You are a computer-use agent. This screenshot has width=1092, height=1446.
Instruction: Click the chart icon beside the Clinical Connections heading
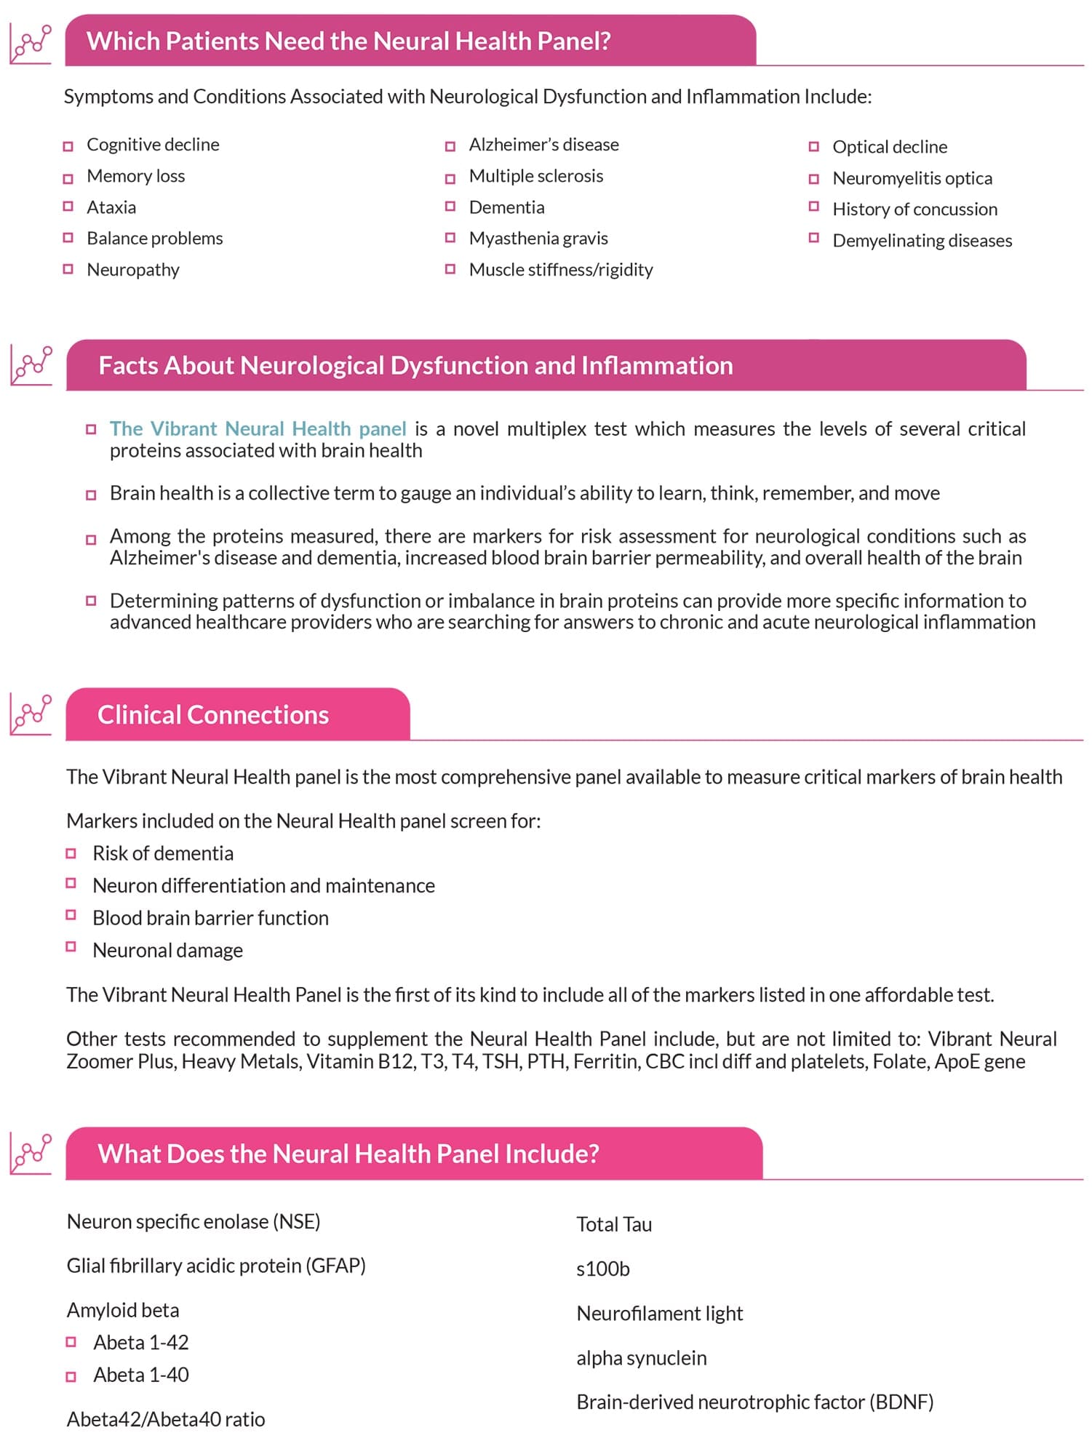(31, 714)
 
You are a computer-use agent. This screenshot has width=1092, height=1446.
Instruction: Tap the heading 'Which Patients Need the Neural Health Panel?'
(348, 41)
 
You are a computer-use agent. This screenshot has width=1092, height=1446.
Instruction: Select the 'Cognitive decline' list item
(153, 145)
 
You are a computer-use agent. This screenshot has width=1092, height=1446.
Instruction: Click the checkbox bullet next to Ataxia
(68, 207)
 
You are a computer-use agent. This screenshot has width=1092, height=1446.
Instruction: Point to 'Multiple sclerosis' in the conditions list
(535, 176)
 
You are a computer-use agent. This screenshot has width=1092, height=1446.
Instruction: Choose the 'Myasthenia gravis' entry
(538, 239)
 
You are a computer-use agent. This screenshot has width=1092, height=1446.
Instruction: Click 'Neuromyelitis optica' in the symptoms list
(912, 178)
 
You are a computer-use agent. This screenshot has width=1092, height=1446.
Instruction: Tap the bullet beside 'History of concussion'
(814, 207)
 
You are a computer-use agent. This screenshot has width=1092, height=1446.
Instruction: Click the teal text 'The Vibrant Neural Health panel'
(258, 429)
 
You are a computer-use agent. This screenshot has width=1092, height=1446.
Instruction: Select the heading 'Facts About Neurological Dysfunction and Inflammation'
(415, 365)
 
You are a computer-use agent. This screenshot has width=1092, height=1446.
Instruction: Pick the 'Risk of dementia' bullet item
(163, 853)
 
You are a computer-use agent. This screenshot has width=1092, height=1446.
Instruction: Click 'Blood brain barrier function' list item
(210, 918)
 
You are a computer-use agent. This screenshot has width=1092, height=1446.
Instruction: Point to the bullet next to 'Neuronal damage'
(71, 947)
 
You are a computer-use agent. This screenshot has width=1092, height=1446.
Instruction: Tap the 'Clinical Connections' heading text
(213, 715)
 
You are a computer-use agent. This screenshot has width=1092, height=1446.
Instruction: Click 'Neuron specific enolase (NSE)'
(194, 1221)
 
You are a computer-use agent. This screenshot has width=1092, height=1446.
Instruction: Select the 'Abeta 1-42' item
(141, 1342)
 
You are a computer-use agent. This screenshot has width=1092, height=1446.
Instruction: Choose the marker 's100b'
(602, 1269)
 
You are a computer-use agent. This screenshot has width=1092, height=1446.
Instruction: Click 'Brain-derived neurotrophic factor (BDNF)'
(754, 1402)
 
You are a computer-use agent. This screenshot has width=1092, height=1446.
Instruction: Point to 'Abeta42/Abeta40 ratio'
(166, 1419)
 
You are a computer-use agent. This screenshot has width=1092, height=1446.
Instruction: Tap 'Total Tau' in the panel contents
(614, 1225)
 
